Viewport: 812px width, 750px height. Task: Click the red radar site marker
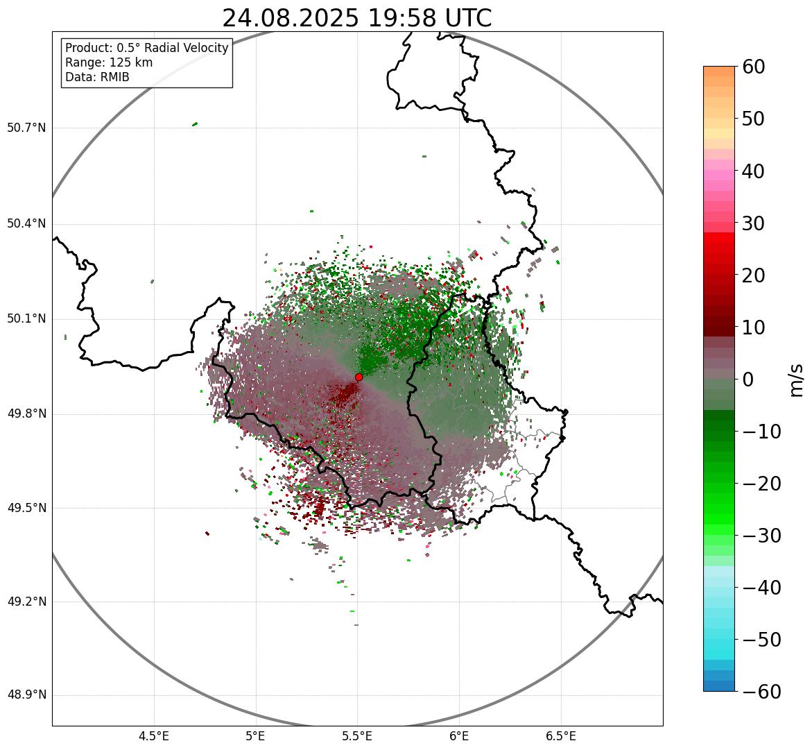pyautogui.click(x=359, y=377)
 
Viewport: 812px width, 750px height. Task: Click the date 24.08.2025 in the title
pyautogui.click(x=291, y=19)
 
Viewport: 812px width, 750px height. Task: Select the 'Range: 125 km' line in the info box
pyautogui.click(x=109, y=62)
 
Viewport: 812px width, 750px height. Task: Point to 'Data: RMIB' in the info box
pyautogui.click(x=97, y=77)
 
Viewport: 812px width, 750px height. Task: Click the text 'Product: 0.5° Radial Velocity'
pyautogui.click(x=146, y=48)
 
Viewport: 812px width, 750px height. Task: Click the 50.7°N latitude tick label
pyautogui.click(x=26, y=128)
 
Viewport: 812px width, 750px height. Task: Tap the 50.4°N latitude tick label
pyautogui.click(x=26, y=224)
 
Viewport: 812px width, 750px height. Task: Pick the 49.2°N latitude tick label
pyautogui.click(x=26, y=602)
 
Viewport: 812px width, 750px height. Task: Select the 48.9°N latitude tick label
pyautogui.click(x=26, y=695)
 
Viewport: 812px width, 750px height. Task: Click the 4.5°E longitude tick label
pyautogui.click(x=154, y=736)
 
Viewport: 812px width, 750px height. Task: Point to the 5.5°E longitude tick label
pyautogui.click(x=357, y=736)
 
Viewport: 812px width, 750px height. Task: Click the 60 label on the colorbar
pyautogui.click(x=754, y=67)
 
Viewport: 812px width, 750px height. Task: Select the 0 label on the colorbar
pyautogui.click(x=748, y=380)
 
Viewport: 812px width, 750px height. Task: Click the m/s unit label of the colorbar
pyautogui.click(x=796, y=380)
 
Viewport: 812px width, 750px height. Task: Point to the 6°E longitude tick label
pyautogui.click(x=459, y=736)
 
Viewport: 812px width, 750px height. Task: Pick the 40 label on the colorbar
pyautogui.click(x=754, y=171)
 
